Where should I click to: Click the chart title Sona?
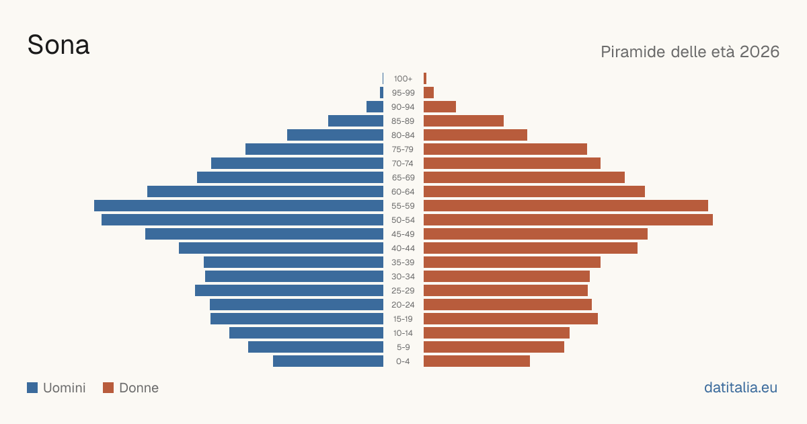(x=59, y=45)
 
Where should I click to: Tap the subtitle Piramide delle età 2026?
(x=690, y=52)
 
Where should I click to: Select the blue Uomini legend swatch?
(x=32, y=388)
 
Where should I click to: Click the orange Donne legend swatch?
(x=108, y=388)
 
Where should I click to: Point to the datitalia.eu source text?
(x=740, y=388)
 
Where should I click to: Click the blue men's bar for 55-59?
(x=239, y=205)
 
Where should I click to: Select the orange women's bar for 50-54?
(x=568, y=220)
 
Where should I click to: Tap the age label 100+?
(x=403, y=79)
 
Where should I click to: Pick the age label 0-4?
(x=403, y=361)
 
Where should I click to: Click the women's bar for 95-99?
(x=429, y=93)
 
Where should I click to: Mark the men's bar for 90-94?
(x=375, y=107)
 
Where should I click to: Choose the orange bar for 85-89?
(x=463, y=120)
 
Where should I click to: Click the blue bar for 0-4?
(x=328, y=361)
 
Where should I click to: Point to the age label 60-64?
(x=403, y=191)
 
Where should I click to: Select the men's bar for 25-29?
(x=289, y=291)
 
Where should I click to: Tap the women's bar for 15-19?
(x=510, y=319)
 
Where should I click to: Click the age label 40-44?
(x=403, y=248)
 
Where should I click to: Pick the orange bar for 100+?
(x=425, y=79)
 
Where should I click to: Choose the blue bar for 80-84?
(x=335, y=135)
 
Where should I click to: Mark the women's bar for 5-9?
(x=494, y=347)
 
